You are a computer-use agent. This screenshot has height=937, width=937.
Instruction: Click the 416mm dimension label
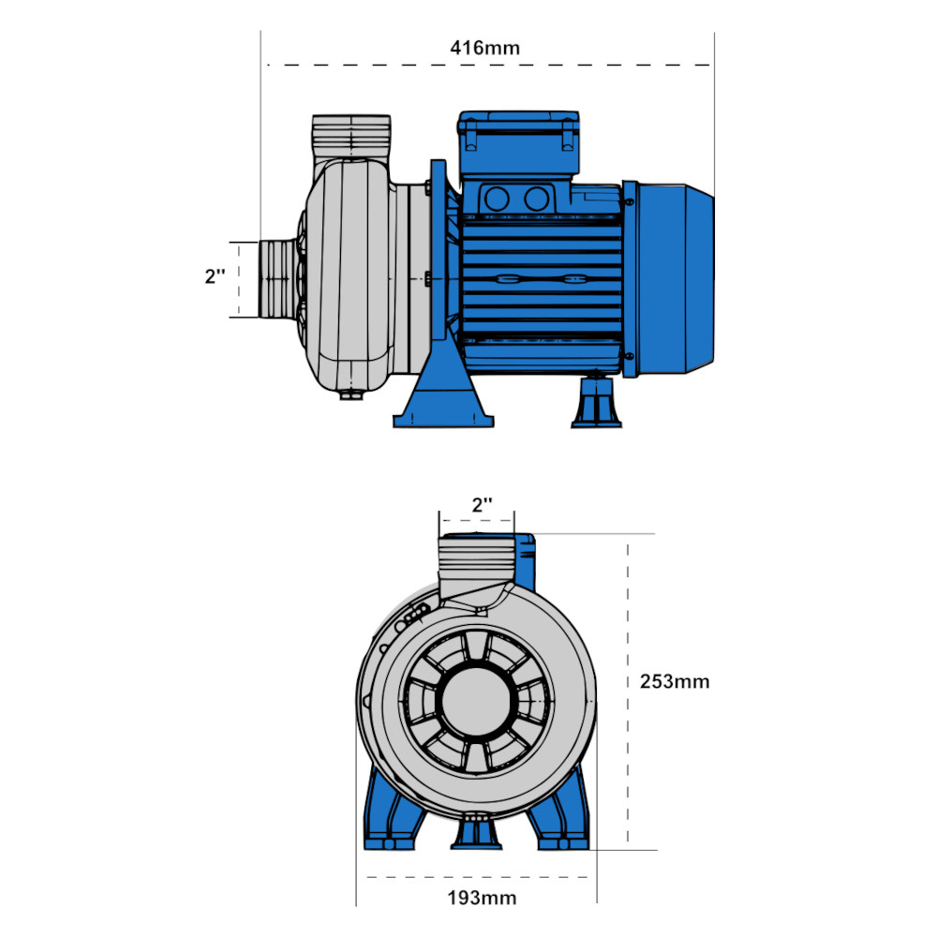point(484,48)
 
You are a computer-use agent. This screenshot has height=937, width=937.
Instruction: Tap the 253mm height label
point(675,681)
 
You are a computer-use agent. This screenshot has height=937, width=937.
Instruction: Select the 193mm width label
point(482,898)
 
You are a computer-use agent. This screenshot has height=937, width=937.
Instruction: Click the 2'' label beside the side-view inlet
point(216,276)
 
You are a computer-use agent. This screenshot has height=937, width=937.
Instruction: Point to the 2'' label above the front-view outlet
point(483,505)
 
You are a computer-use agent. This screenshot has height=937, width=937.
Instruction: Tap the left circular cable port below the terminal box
point(497,199)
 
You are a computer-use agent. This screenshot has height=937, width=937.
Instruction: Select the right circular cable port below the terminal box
point(536,199)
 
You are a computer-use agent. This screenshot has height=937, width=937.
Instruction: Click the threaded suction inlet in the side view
point(278,279)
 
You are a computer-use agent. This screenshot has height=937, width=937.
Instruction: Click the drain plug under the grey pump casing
point(352,395)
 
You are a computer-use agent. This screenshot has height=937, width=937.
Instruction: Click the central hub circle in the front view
point(476,702)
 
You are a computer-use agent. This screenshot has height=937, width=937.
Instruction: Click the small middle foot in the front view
point(476,832)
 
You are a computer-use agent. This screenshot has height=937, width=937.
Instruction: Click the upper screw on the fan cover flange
point(630,202)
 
